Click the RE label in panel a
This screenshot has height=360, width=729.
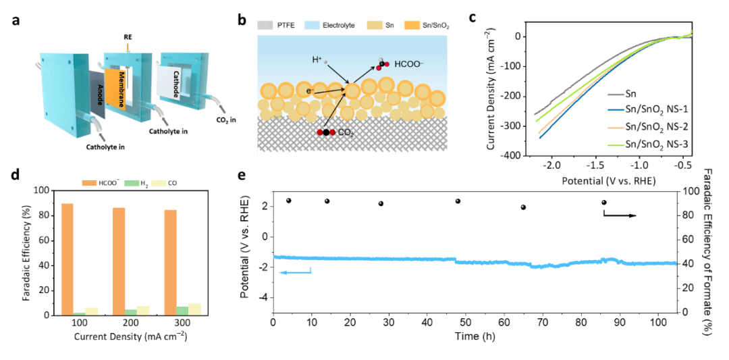[127, 36]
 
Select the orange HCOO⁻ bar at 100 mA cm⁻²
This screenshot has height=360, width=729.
[67, 259]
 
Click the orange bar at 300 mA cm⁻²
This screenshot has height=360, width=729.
[171, 262]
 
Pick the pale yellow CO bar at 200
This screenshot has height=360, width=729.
[143, 310]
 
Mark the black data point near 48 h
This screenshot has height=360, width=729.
[458, 201]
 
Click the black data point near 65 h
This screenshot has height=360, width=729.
[523, 207]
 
